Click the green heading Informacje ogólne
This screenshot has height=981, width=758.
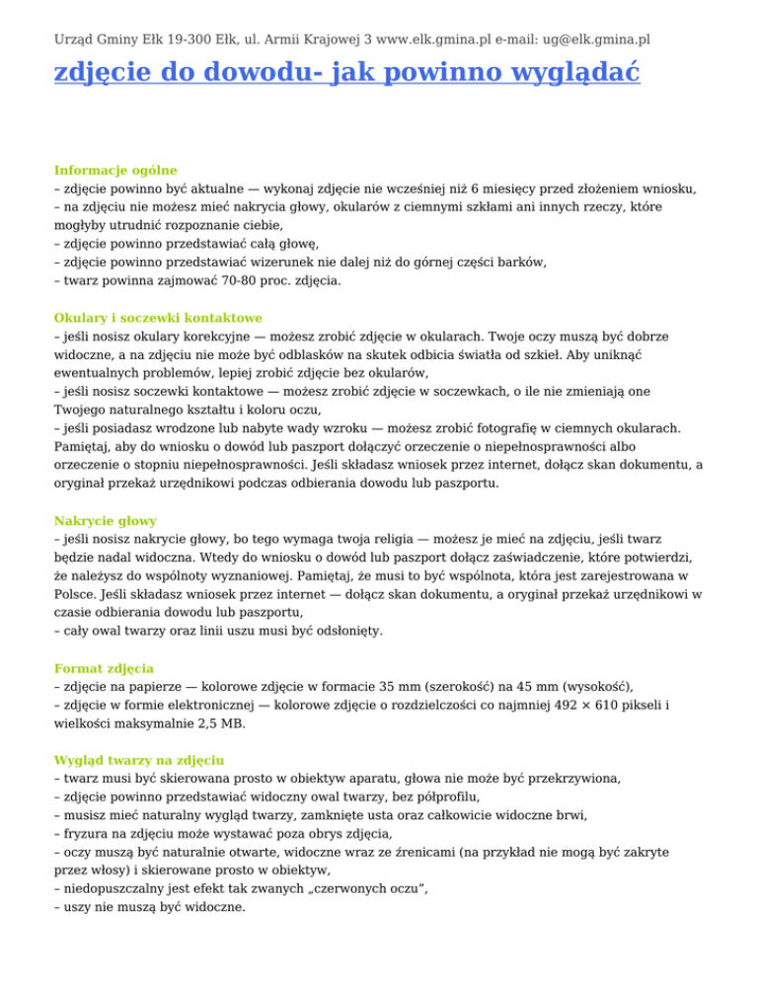point(114,170)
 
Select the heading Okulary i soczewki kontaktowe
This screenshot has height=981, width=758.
point(157,318)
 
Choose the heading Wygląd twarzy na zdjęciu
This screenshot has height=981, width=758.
point(139,761)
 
